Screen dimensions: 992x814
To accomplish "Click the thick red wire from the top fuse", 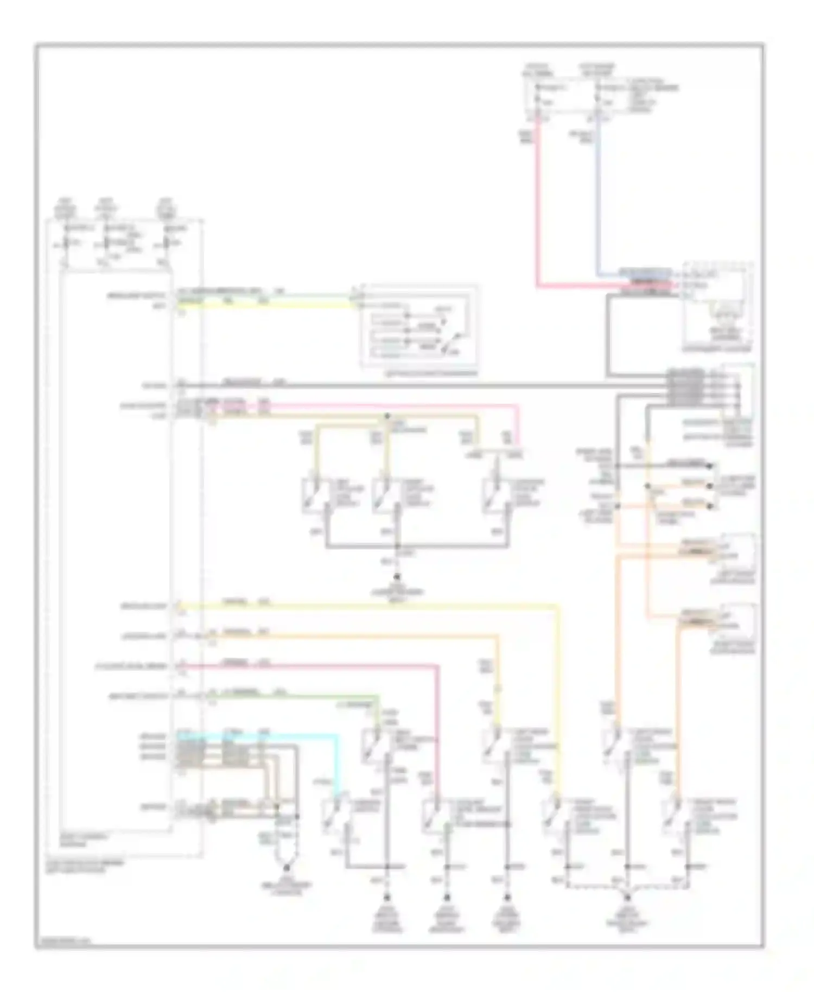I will tap(538, 206).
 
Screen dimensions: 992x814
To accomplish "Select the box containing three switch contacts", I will tap(419, 327).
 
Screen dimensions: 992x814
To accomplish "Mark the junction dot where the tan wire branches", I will tap(387, 416).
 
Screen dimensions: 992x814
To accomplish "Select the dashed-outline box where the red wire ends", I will tap(717, 307).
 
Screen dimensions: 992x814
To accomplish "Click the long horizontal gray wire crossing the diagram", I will tap(434, 386).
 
